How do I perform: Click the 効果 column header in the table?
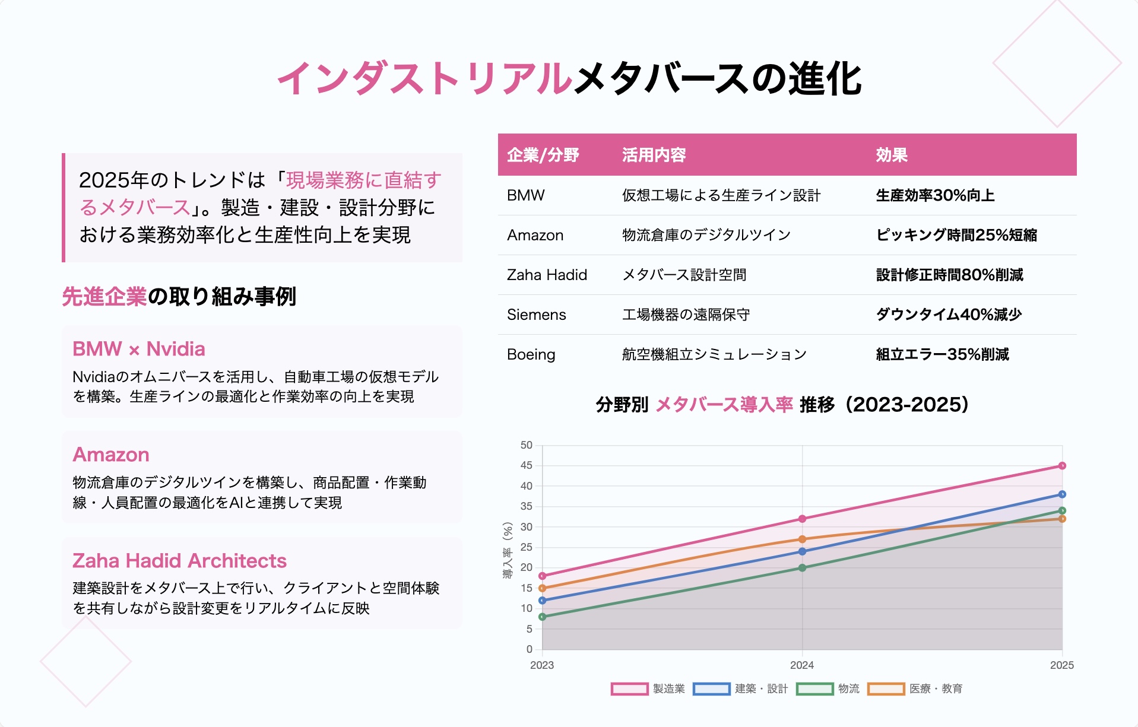[x=892, y=155]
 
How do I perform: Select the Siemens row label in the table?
[x=537, y=315]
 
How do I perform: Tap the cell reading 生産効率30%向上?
[x=935, y=195]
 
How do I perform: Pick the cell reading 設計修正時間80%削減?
[x=950, y=275]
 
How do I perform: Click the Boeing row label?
[x=531, y=354]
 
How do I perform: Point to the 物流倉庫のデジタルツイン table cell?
[x=706, y=235]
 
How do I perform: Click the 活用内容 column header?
[x=654, y=155]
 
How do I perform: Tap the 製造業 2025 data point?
[x=1062, y=466]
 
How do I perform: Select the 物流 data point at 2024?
[x=802, y=568]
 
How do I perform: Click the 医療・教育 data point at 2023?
[x=542, y=588]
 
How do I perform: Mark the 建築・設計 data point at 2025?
[x=1062, y=494]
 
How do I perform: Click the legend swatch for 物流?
[x=815, y=689]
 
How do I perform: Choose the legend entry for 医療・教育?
[x=915, y=689]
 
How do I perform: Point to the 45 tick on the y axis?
[x=527, y=466]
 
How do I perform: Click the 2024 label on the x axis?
[x=802, y=665]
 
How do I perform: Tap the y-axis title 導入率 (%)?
[x=508, y=550]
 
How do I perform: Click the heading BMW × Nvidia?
[x=139, y=349]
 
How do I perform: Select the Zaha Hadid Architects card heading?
[x=179, y=561]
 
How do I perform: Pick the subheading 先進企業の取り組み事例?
[x=179, y=297]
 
